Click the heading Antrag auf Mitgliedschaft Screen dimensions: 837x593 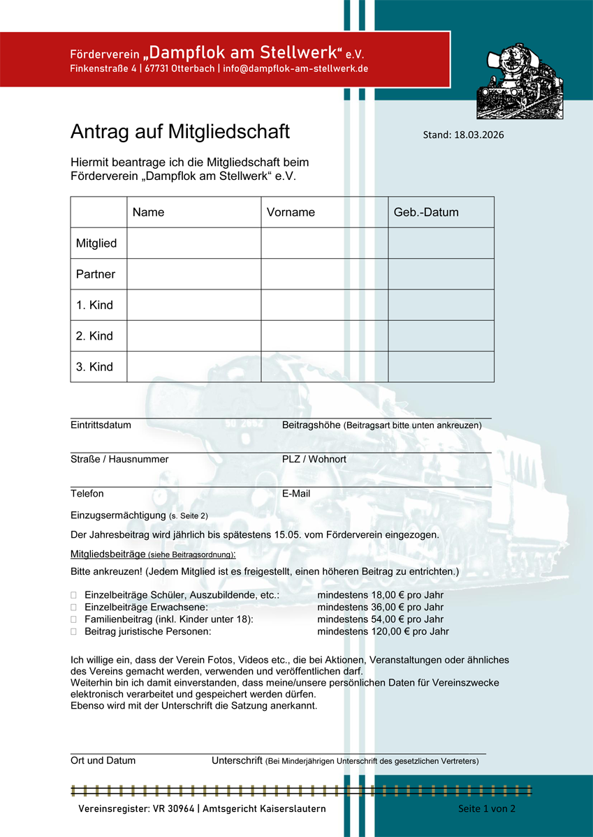click(x=180, y=132)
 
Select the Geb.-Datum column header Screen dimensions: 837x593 click(x=426, y=212)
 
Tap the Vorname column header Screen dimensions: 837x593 click(x=291, y=212)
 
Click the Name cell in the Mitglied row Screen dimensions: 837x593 click(x=194, y=243)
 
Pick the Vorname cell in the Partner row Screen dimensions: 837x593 click(x=325, y=274)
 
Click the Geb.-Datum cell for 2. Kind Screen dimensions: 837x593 click(x=441, y=335)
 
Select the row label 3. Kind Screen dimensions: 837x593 click(x=94, y=367)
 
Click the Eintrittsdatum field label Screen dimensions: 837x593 click(x=101, y=425)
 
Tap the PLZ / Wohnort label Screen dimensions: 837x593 click(x=314, y=459)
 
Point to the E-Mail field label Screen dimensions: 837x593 click(x=296, y=494)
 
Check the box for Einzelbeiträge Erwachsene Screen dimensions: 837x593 click(x=74, y=608)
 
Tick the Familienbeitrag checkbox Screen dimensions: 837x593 click(x=74, y=619)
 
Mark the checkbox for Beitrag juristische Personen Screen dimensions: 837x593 click(x=74, y=632)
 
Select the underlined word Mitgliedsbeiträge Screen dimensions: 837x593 click(x=108, y=555)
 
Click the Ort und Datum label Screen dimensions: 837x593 click(x=103, y=761)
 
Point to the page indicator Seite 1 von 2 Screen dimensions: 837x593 click(x=486, y=808)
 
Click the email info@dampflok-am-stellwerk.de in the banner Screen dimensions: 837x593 click(x=295, y=69)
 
